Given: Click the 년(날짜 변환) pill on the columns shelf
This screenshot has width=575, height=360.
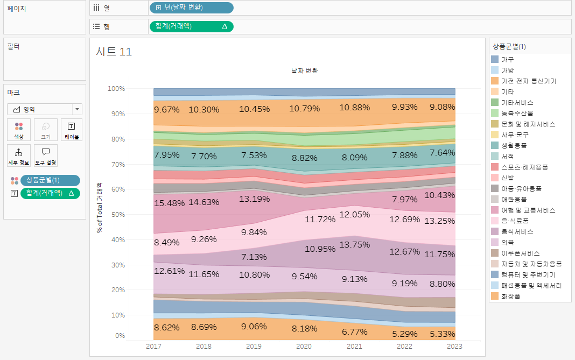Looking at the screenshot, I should (x=191, y=8).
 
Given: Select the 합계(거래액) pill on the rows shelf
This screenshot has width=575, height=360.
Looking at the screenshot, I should (x=191, y=26).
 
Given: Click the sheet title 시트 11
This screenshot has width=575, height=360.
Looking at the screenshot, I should (x=114, y=52).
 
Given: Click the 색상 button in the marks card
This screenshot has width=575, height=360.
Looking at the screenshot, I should (x=19, y=130).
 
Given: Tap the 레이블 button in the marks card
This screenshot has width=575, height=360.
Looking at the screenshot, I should (x=71, y=130).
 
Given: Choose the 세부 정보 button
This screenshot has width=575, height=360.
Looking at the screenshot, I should (x=19, y=156).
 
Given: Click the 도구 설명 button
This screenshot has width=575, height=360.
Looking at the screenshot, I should (x=46, y=156).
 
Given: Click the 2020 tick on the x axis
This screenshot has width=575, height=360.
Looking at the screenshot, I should (x=304, y=346).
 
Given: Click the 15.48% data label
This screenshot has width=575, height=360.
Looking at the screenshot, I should (x=169, y=203).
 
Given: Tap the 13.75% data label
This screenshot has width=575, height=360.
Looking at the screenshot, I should (x=355, y=244).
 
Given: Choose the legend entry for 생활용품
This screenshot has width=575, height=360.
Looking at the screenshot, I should (x=514, y=145).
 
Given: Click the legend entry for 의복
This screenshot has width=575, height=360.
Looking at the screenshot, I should (x=507, y=242).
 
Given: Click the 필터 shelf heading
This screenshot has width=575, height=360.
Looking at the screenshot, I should (x=13, y=46).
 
